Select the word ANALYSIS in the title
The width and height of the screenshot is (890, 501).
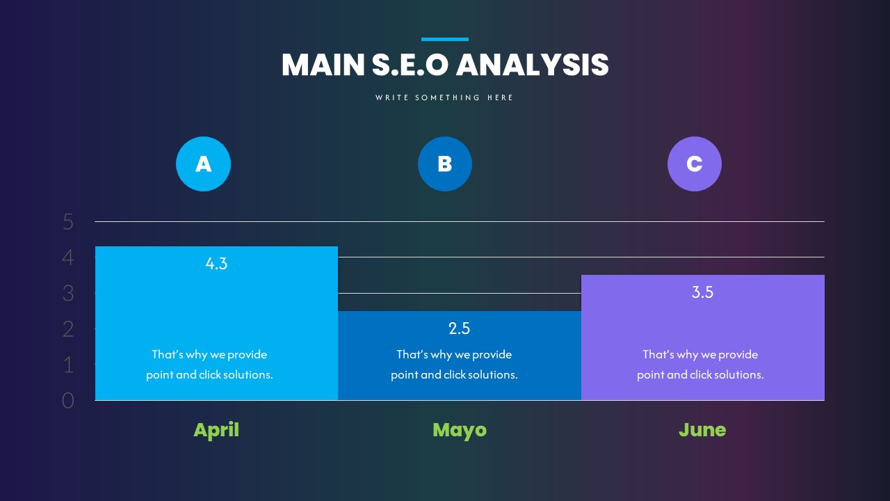click(x=532, y=65)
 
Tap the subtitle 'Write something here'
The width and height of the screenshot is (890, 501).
click(x=445, y=98)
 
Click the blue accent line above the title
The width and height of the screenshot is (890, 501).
click(x=445, y=40)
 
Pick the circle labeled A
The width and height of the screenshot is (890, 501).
click(x=203, y=164)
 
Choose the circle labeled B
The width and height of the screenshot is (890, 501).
click(x=445, y=164)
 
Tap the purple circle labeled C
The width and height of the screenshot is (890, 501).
click(x=695, y=164)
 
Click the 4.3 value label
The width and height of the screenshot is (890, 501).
click(x=216, y=264)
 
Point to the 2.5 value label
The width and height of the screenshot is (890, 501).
click(x=460, y=328)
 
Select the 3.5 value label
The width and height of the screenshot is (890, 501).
click(x=702, y=292)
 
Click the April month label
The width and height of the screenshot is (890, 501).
click(x=216, y=430)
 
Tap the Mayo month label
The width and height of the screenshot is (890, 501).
click(x=460, y=430)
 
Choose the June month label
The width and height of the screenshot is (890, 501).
click(x=702, y=430)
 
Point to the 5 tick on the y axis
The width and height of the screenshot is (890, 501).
click(x=68, y=222)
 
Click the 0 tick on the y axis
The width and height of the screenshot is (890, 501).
click(x=68, y=401)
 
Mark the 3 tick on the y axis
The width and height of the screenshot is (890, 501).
click(x=68, y=294)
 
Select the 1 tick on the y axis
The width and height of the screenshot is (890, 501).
click(x=68, y=365)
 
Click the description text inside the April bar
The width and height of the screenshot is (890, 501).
click(x=209, y=365)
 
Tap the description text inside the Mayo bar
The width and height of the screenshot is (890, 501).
click(x=454, y=365)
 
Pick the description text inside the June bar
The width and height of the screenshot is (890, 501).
click(x=700, y=365)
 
